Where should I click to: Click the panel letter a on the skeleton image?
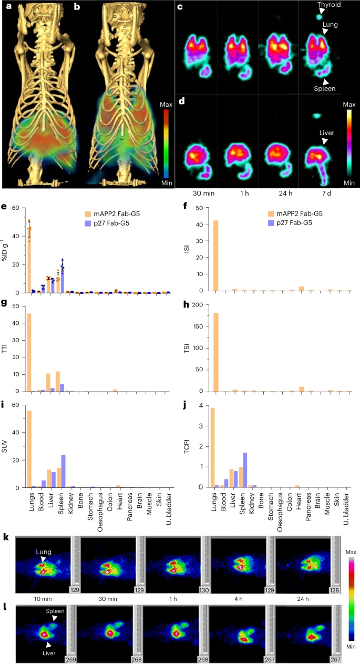click(x=7, y=7)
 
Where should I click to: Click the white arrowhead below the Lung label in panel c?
click(x=326, y=32)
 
